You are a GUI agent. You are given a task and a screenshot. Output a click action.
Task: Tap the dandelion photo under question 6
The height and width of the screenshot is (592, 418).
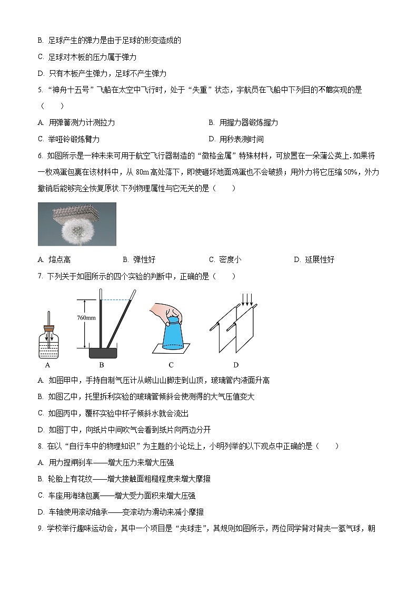coord(77,224)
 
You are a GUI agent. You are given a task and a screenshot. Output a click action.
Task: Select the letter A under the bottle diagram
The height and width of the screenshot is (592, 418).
coord(47,365)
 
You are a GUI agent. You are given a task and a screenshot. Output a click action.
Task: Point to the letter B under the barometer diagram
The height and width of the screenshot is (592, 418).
coord(102,365)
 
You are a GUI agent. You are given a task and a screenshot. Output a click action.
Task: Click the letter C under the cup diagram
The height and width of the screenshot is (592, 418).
coord(171,365)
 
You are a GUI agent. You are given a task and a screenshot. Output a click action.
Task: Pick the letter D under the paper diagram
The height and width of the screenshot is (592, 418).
coord(236,365)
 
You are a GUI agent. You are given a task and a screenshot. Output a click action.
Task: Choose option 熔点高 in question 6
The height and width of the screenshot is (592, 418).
coord(59,260)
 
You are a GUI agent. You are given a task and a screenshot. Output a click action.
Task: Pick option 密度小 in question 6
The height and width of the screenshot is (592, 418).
coord(230,260)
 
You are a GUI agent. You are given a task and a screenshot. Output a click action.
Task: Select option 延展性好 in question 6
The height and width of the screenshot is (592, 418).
coord(320,260)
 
